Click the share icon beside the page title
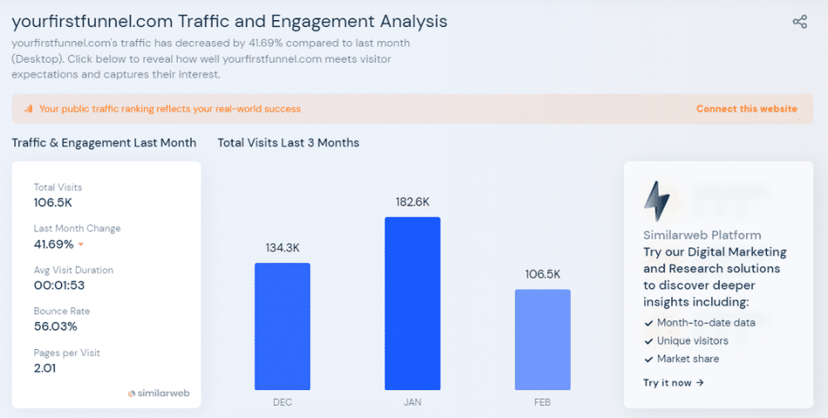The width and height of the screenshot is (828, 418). (x=799, y=22)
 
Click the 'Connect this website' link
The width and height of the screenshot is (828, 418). (x=746, y=109)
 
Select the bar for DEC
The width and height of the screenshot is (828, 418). (x=282, y=326)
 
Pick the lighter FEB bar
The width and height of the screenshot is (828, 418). (x=542, y=340)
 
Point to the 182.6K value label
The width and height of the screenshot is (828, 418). (x=412, y=201)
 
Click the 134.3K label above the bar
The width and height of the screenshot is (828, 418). (x=282, y=247)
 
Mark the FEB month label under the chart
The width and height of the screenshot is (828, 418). (x=542, y=402)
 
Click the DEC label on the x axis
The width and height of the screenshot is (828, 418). (x=282, y=402)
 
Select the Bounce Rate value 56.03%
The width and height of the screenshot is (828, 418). (x=56, y=327)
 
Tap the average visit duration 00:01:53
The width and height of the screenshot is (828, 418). (x=60, y=285)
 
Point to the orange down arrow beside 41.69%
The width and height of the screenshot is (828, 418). (x=81, y=245)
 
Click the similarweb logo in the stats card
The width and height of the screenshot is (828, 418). (x=158, y=393)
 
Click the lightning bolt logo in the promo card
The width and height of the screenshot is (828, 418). (x=656, y=200)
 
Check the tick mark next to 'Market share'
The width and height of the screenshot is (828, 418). (x=648, y=359)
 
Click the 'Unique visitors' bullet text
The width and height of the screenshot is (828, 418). (x=693, y=340)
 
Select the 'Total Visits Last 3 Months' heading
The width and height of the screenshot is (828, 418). (x=288, y=143)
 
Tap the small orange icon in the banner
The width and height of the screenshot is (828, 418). (x=29, y=109)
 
